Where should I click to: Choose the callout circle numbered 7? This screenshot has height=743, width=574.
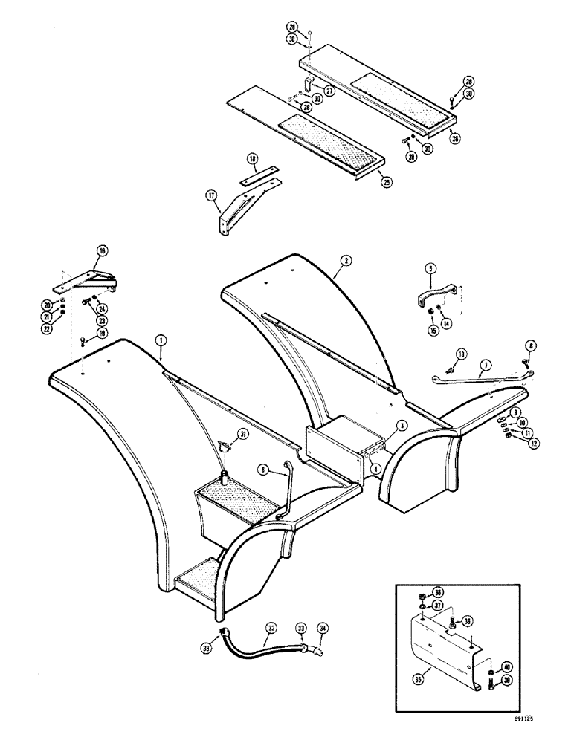486,366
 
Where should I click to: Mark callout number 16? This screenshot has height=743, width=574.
103,251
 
